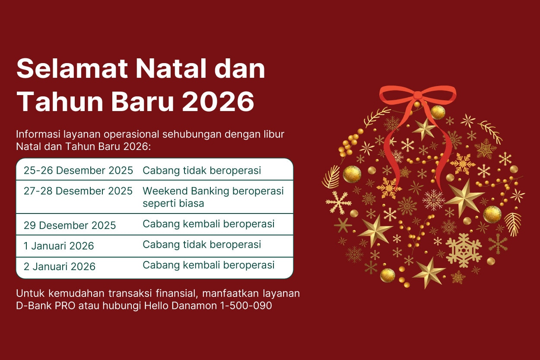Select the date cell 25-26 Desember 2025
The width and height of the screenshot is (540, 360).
click(x=78, y=170)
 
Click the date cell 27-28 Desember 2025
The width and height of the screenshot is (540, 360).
click(x=78, y=191)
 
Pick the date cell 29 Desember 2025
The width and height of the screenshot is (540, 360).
click(x=70, y=226)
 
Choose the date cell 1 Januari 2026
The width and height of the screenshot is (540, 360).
click(x=59, y=246)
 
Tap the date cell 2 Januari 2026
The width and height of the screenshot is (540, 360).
click(x=60, y=267)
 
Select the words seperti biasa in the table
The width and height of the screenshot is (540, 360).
click(x=173, y=204)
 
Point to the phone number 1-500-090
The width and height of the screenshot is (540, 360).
click(x=246, y=306)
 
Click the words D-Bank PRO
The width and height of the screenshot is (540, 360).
click(x=45, y=306)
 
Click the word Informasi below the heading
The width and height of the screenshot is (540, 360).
click(x=38, y=134)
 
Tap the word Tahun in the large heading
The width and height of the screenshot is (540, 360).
click(x=60, y=101)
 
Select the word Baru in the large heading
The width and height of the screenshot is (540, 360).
click(x=143, y=101)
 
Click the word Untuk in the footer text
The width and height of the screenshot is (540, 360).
click(x=30, y=293)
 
